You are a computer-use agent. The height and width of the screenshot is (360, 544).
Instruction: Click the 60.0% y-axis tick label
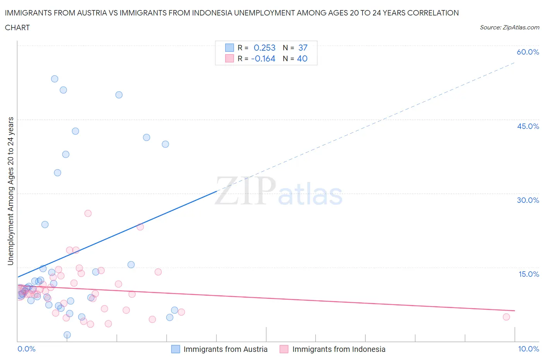coord(528,52)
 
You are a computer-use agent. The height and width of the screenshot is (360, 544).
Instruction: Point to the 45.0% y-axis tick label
coord(528,126)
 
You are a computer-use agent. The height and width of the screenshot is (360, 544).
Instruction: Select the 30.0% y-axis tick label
coord(528,200)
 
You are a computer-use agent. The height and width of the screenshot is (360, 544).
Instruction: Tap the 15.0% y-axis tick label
coord(529,274)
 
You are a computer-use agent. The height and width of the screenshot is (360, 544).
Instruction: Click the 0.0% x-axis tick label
coord(26,349)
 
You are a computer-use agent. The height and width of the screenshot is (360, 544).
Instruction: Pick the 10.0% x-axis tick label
coord(528,349)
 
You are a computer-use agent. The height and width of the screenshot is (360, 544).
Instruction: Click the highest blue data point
coord(55,79)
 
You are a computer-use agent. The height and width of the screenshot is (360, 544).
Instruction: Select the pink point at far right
coord(506,317)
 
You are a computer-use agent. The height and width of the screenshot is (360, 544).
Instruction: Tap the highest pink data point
coord(88,213)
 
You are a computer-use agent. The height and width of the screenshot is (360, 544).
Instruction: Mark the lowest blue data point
coord(67,335)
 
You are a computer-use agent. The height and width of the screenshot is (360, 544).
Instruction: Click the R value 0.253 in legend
coord(264,48)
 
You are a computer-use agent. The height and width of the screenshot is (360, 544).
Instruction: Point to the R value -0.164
coord(263,58)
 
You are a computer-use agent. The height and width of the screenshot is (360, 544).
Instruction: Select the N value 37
coord(303,48)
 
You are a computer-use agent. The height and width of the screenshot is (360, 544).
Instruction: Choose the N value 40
coord(302,58)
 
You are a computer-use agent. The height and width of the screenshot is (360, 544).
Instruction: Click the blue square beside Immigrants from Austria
coord(175,349)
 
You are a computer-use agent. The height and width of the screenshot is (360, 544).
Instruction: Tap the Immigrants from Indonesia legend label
coord(339,349)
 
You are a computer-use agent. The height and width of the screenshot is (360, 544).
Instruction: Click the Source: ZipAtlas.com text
coord(509,27)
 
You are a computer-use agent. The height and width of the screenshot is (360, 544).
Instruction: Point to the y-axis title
coord(10,191)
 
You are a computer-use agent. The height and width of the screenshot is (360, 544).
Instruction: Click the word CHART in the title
coord(17,27)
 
